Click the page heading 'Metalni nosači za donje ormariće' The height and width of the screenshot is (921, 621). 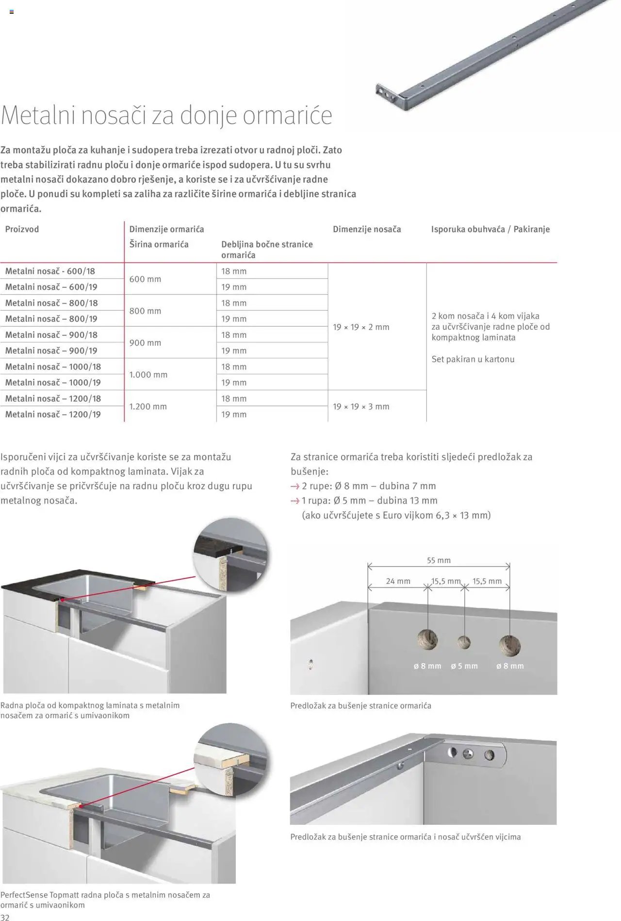(166, 116)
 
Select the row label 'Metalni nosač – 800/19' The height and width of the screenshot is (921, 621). (51, 319)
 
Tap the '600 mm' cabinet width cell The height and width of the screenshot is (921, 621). (145, 279)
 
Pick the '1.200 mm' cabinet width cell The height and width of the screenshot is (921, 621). (148, 406)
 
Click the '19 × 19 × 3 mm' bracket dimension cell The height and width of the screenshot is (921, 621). (361, 406)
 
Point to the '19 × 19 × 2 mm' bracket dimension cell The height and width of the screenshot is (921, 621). (361, 327)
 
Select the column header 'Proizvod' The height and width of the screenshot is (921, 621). (22, 229)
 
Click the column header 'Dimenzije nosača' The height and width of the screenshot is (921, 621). (367, 229)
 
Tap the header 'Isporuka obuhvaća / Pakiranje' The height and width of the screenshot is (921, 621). (490, 229)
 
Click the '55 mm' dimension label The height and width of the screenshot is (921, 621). (439, 560)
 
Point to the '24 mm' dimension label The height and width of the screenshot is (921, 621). (398, 581)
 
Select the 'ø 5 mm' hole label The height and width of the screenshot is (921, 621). (464, 666)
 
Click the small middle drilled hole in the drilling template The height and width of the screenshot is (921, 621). (464, 642)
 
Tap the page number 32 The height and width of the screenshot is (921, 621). (5, 916)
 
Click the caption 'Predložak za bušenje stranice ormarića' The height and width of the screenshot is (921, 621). (360, 705)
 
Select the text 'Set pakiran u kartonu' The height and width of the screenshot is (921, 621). (473, 359)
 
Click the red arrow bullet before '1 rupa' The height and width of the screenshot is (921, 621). (294, 501)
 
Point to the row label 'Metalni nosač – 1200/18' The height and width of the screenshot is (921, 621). (53, 399)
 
